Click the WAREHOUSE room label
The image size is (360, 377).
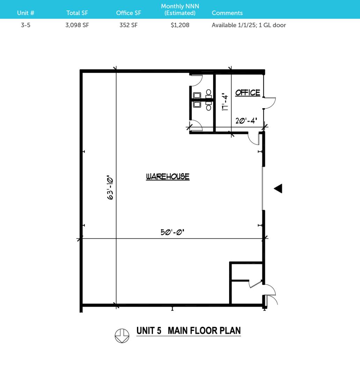168,177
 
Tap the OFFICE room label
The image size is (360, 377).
248,93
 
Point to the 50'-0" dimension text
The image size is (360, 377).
172,232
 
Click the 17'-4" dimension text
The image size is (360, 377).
225,102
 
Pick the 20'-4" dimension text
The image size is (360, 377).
246,120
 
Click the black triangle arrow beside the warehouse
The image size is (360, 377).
278,188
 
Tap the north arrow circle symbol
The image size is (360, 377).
122,336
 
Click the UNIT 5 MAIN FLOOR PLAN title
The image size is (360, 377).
189,331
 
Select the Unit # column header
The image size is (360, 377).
26,13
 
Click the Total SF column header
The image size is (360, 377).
77,13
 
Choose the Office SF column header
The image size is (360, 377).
128,13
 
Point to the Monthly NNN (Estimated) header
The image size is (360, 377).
180,10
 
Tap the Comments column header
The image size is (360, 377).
227,13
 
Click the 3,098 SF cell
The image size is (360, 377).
77,25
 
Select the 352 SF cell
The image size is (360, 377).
128,25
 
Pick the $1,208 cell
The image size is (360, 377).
180,25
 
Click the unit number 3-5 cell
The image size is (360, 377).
26,25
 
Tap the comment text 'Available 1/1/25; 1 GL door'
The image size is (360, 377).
249,25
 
